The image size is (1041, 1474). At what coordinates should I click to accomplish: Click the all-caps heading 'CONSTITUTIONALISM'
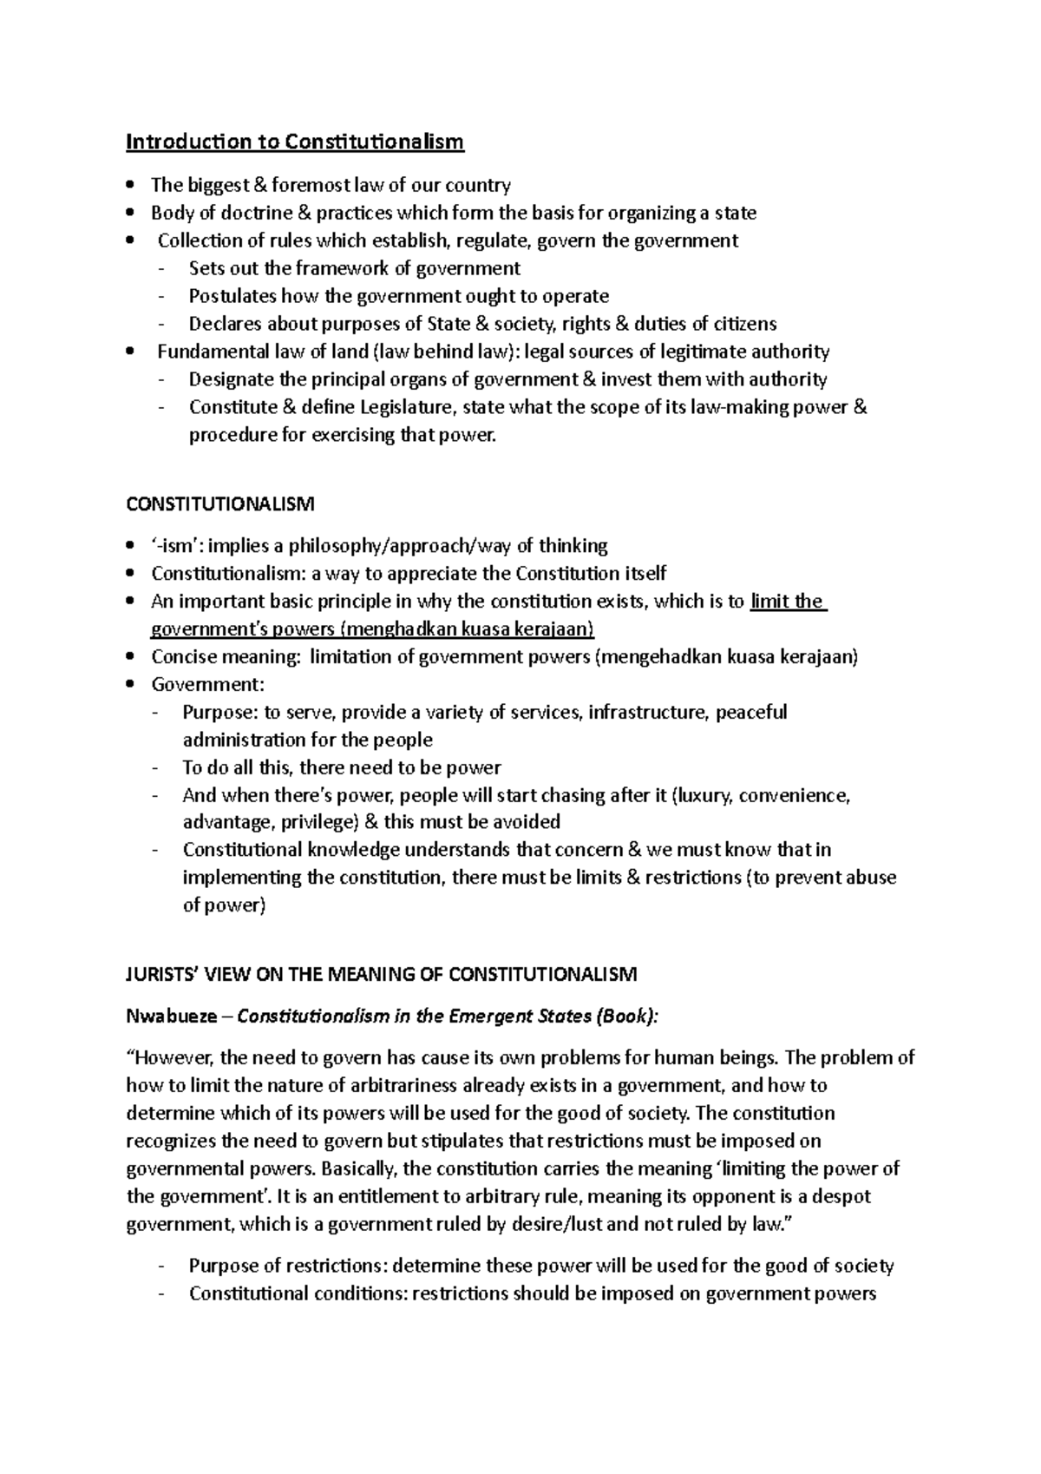coord(220,504)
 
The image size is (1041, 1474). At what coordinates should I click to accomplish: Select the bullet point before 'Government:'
coord(130,685)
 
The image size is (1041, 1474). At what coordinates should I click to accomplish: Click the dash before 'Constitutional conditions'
coord(160,1294)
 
